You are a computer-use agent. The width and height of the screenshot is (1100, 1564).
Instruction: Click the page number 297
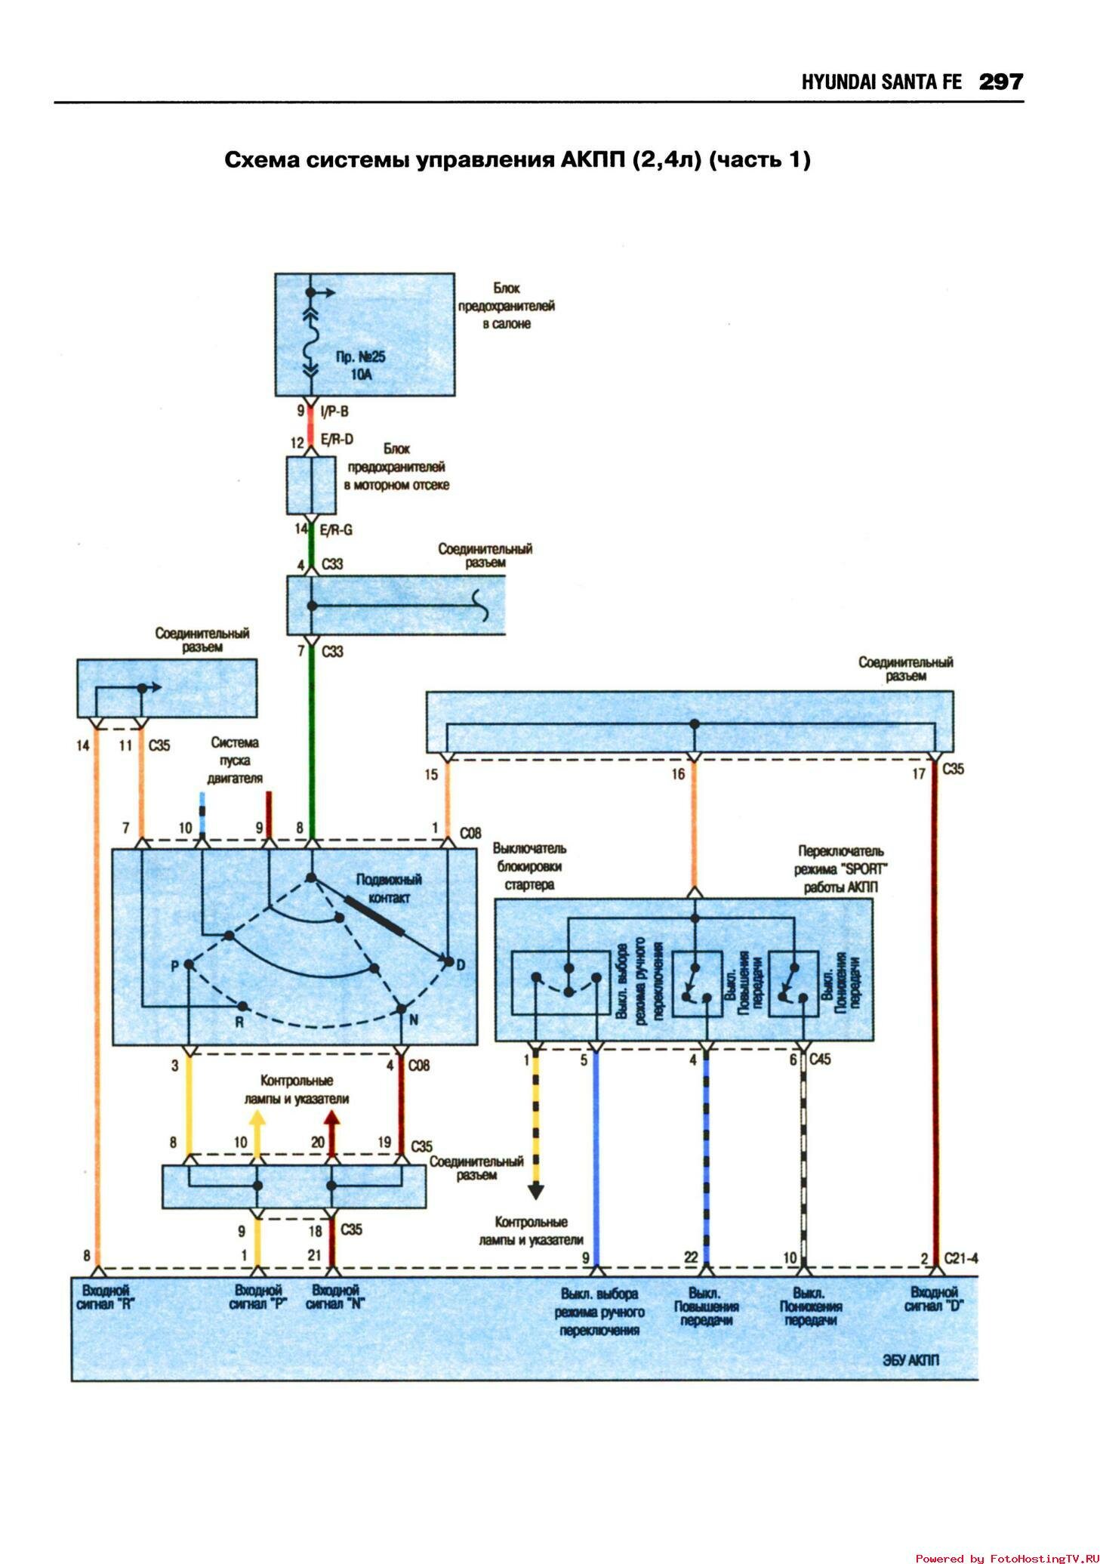(x=1000, y=82)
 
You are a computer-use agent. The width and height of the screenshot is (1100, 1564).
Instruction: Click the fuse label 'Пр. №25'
(x=360, y=357)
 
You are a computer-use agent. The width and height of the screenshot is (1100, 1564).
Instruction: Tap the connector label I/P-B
(x=334, y=412)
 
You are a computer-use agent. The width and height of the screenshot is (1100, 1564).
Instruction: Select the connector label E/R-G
(x=336, y=530)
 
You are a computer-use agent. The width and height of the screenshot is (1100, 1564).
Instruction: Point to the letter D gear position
(x=461, y=964)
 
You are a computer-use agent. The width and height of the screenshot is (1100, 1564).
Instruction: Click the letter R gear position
(x=239, y=1023)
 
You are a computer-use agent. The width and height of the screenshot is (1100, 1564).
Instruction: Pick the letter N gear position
(x=413, y=1020)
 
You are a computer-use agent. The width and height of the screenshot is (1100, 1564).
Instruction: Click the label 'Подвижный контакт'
(x=389, y=889)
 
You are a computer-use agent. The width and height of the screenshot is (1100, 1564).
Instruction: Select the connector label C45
(x=819, y=1060)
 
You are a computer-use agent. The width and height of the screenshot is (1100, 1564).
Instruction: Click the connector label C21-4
(x=960, y=1258)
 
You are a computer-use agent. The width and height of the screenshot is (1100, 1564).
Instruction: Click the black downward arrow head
(x=535, y=1192)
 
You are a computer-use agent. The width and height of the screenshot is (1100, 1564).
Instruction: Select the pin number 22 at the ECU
(x=691, y=1257)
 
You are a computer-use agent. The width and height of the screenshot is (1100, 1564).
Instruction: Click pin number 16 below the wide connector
(x=678, y=774)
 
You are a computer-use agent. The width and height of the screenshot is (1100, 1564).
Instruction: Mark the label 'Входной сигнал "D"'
(x=933, y=1298)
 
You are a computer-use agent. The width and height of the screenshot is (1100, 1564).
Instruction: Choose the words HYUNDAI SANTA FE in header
(x=881, y=82)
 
